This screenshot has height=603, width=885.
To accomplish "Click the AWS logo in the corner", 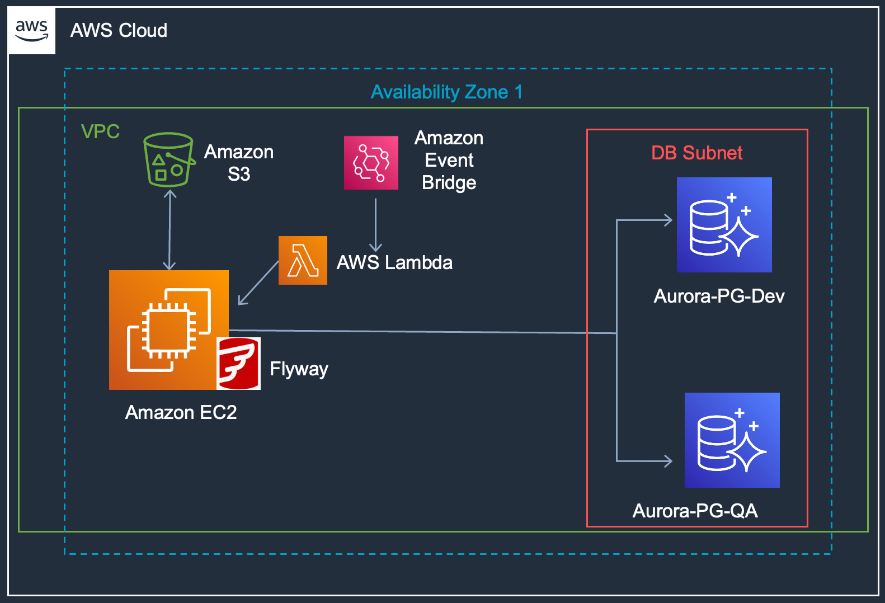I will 32,31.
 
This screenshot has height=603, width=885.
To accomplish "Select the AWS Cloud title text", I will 119,30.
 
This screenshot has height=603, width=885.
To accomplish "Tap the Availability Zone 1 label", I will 446,92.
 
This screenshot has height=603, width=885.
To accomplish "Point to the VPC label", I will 100,131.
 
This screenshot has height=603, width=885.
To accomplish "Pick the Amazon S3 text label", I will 239,163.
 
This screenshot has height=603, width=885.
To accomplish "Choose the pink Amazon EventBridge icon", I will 371,163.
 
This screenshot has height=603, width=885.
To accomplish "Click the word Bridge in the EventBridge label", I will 449,183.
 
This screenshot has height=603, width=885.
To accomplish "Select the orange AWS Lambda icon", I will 303,260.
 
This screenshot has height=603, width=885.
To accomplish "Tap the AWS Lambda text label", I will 394,262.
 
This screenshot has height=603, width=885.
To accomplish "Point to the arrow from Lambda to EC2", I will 258,283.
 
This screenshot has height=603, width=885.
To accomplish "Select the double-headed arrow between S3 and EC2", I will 170,230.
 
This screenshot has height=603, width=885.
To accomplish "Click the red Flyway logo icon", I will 238,364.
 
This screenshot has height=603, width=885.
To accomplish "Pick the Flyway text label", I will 299,369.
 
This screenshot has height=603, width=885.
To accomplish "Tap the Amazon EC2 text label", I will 181,412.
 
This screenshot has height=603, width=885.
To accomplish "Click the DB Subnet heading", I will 696,153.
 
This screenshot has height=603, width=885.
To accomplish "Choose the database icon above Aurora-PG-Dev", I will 724,225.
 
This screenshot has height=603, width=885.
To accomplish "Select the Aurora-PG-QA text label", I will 695,511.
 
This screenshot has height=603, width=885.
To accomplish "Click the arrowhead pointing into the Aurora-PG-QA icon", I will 668,461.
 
